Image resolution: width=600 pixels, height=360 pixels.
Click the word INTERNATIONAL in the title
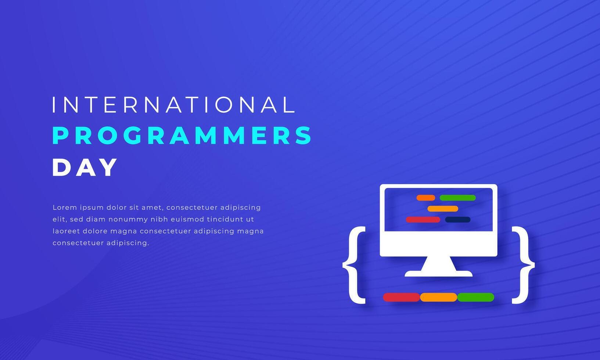click(x=173, y=105)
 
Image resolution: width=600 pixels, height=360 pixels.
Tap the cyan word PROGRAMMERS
click(x=182, y=136)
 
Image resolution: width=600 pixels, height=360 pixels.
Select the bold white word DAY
click(x=85, y=168)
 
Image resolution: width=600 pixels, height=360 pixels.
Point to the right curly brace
click(x=523, y=265)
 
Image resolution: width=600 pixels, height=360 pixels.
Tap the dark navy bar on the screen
click(x=457, y=220)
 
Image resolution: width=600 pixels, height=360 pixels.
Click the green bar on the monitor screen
click(x=457, y=198)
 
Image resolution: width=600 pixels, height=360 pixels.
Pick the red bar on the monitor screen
click(x=423, y=220)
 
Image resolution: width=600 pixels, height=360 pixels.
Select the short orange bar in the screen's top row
click(x=425, y=198)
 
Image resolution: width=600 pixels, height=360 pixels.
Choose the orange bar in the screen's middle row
click(x=443, y=209)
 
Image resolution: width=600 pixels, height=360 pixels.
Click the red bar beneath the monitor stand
click(x=401, y=297)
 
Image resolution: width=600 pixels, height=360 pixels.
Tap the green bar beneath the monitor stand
click(x=475, y=297)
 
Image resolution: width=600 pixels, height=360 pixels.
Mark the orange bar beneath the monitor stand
click(x=438, y=297)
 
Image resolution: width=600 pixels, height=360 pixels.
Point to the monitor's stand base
click(x=438, y=273)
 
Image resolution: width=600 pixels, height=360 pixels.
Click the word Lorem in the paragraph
click(x=65, y=208)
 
